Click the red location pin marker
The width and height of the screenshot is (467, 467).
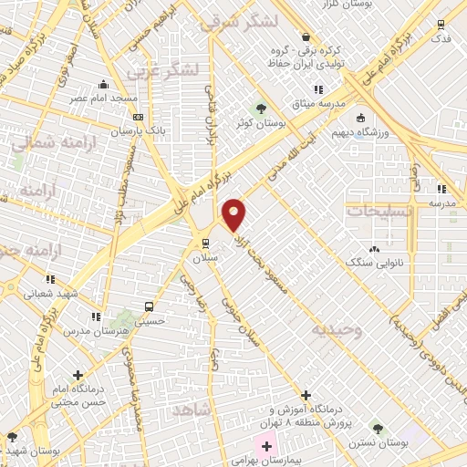click(234, 213)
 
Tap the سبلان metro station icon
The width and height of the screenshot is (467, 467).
click(206, 243)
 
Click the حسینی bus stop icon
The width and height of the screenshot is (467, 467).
click(148, 306)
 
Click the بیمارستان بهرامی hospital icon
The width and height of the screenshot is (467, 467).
click(266, 446)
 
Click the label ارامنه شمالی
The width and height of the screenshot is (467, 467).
click(43, 142)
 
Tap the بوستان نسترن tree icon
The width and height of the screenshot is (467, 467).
click(375, 428)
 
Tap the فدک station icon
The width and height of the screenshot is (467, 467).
click(441, 26)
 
